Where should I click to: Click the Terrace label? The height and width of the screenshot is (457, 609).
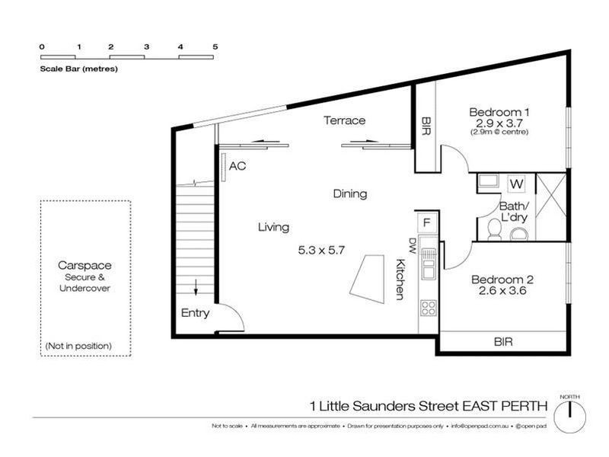344,120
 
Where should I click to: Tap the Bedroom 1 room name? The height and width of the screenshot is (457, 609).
499,111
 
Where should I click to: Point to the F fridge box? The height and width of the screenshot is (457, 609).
426,223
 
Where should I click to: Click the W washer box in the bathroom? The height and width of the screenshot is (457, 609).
515,184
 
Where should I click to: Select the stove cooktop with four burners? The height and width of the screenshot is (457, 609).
429,308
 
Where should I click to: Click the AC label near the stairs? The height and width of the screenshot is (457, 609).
238,165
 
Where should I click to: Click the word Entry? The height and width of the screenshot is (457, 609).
195,313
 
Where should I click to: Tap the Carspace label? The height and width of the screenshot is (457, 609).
84,266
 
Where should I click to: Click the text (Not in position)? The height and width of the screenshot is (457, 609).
78,346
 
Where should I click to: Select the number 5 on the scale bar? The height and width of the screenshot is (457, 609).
215,46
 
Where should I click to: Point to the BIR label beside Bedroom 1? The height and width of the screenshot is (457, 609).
425,127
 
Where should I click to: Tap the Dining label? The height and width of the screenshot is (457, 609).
349,194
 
